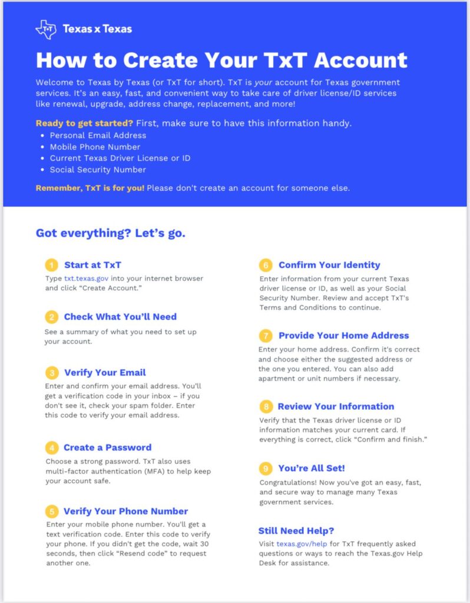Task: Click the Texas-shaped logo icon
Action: tap(45, 29)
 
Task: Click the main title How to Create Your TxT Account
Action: tap(221, 59)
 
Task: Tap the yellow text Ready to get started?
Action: tap(84, 123)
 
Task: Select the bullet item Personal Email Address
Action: tap(98, 135)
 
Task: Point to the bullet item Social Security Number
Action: tap(98, 170)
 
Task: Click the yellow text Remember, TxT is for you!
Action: tap(90, 188)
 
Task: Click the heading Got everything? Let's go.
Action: tap(111, 233)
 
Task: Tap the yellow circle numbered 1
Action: tap(52, 265)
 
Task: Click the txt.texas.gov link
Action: tap(87, 279)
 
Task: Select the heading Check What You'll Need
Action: tap(120, 317)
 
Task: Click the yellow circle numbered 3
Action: tap(52, 373)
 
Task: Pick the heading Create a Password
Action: tap(107, 448)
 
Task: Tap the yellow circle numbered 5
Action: tap(52, 511)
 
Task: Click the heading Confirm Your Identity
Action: tap(329, 265)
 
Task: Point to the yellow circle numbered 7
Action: tap(266, 336)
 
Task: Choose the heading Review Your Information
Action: tap(336, 406)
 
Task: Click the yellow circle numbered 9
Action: tap(266, 469)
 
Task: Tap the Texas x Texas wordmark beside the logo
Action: tap(97, 29)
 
